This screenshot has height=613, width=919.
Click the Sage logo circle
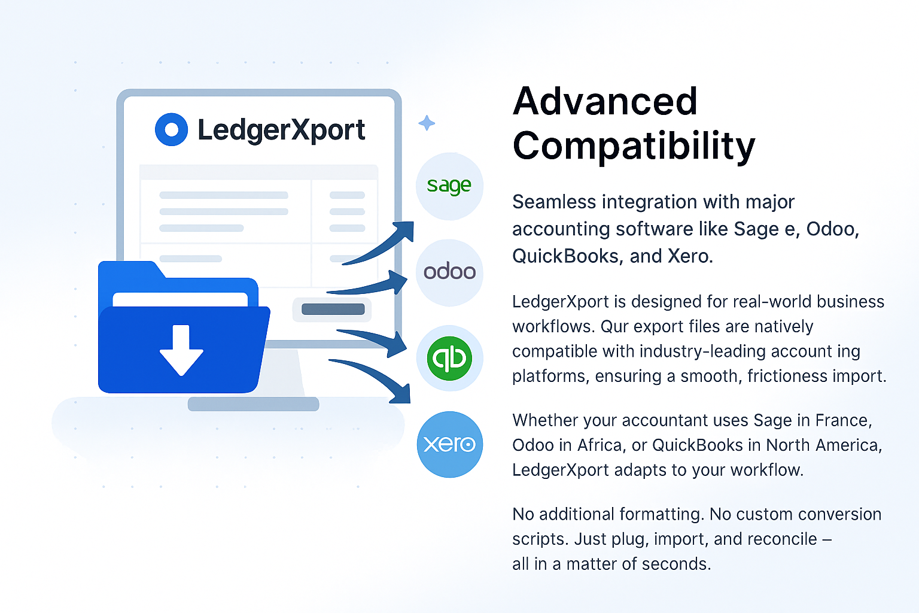pos(450,186)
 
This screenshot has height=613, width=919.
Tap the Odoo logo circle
pos(450,272)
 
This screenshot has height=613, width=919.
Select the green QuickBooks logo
pos(450,359)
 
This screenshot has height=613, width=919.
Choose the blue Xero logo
pos(450,444)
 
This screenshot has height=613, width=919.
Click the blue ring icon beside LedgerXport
pos(172,129)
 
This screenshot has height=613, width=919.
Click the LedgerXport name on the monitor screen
pos(281,130)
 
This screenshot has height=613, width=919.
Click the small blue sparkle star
pos(427,123)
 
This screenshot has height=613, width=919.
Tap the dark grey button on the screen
pos(333,309)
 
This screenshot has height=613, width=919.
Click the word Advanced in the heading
pos(605,101)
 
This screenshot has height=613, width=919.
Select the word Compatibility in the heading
pos(634,145)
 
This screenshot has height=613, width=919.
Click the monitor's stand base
pos(254,404)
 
